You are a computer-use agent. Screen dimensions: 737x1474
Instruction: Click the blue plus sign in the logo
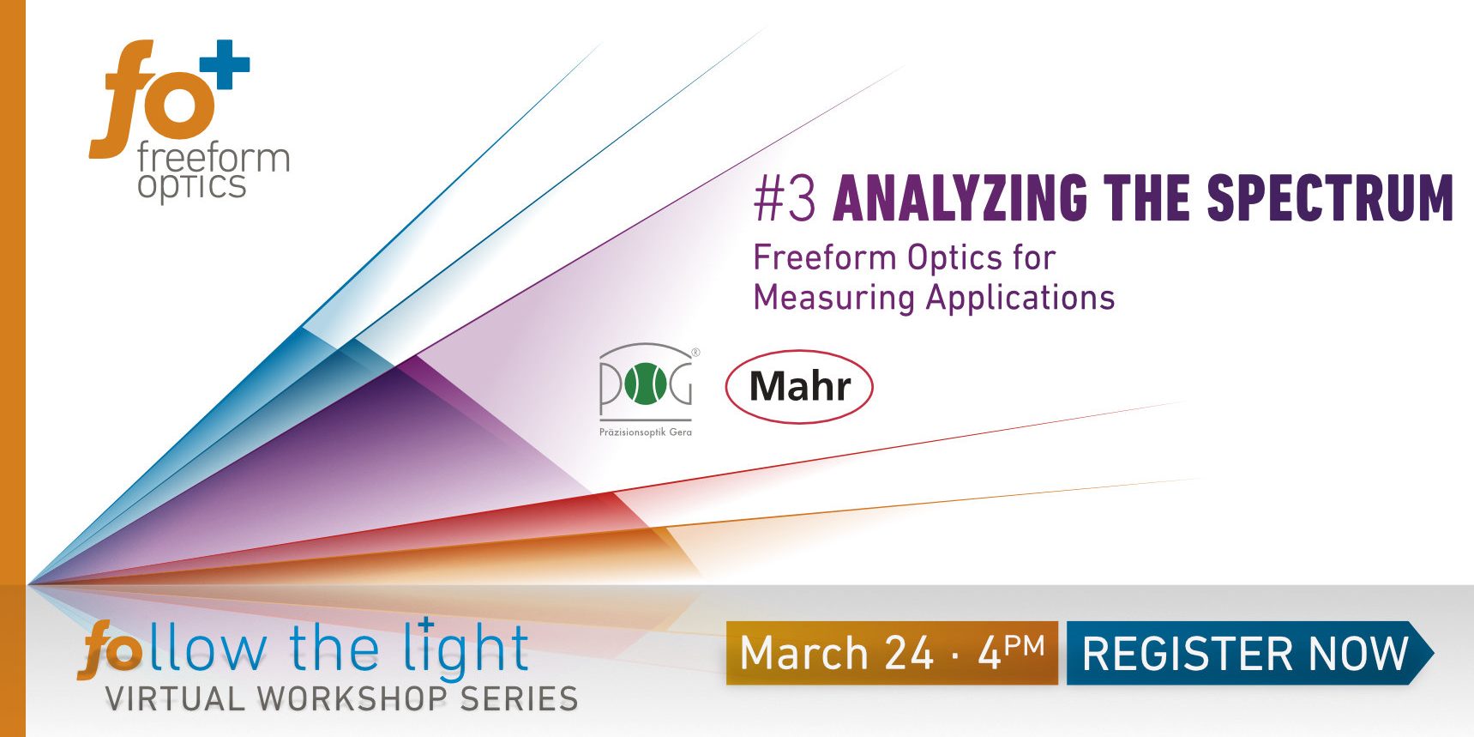[225, 64]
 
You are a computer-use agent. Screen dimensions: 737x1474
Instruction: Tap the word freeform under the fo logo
[214, 158]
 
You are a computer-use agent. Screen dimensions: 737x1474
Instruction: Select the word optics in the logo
[192, 185]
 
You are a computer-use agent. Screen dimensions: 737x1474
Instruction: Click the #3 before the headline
[785, 198]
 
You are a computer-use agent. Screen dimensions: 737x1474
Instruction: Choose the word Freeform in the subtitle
[825, 257]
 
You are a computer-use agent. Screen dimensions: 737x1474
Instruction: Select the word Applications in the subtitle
[1020, 298]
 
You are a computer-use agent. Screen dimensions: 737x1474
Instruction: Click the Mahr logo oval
[799, 386]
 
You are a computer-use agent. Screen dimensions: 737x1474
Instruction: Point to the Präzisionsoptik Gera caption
[645, 432]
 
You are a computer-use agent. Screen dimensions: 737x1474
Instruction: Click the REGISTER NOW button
[1245, 653]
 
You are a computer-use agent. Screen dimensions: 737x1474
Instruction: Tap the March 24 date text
[836, 653]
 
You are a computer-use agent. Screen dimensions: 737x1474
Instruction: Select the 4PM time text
[1012, 651]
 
